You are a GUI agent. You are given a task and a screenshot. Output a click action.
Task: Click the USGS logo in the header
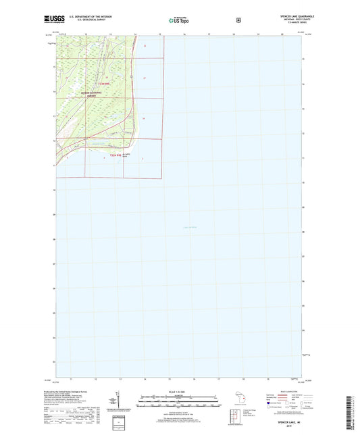[x=55, y=21]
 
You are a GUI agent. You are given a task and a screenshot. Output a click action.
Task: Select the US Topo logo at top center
[x=178, y=21]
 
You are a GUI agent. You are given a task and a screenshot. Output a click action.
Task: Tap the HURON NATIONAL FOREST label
[x=93, y=95]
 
